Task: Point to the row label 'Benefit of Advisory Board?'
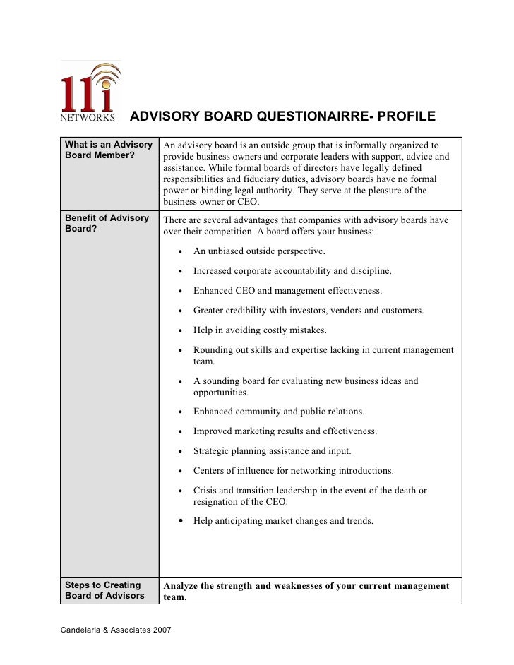(x=107, y=223)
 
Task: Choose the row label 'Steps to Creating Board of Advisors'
(x=103, y=590)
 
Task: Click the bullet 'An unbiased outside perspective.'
(x=259, y=251)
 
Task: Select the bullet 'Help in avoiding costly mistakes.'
(x=260, y=330)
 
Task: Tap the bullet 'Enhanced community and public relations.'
(x=279, y=411)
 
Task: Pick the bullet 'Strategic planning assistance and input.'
(x=273, y=450)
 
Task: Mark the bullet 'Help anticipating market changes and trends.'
(x=283, y=521)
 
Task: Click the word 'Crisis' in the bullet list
(x=206, y=490)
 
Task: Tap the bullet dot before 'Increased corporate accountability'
(x=182, y=272)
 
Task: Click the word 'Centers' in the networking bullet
(x=210, y=470)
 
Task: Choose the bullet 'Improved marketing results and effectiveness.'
(x=285, y=431)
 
